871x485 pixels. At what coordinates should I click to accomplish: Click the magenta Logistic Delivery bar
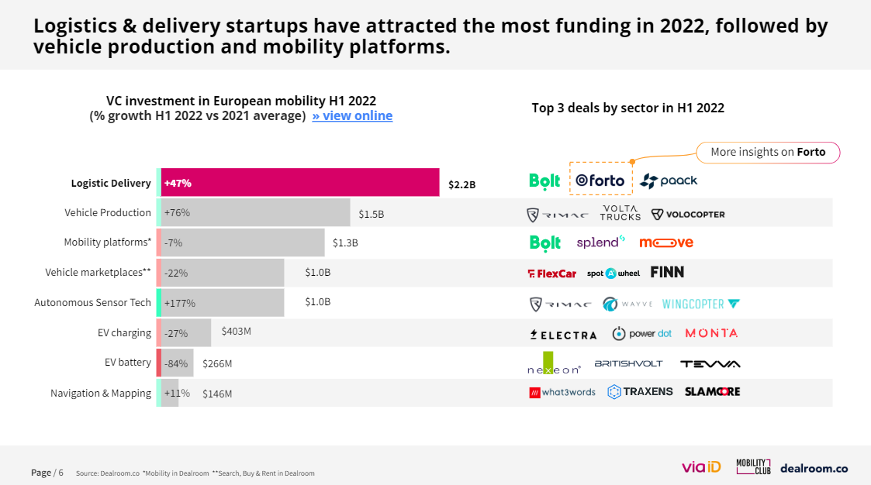coord(300,183)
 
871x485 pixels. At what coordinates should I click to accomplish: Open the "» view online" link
coord(352,116)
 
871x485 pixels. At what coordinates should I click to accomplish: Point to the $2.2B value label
coord(461,184)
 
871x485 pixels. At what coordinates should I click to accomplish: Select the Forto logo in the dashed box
coord(600,180)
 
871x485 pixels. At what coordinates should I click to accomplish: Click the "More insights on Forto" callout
coord(767,152)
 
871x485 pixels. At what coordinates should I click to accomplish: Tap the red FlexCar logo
coord(551,273)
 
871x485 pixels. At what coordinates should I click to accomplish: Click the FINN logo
coord(667,272)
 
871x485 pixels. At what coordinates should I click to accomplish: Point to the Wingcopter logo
coord(700,304)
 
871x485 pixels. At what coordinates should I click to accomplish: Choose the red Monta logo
coord(711,333)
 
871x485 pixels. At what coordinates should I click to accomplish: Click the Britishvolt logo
coord(629,363)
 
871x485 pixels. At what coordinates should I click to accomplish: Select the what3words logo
coord(562,392)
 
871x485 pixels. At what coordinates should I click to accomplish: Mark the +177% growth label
coord(179,303)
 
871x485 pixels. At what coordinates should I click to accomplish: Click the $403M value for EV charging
coord(237,331)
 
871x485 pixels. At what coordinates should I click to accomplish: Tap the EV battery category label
coord(128,363)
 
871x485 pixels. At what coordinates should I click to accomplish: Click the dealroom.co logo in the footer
coord(814,468)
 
